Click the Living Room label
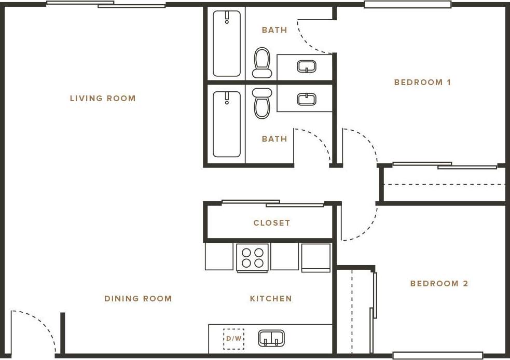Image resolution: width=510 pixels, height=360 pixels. pyautogui.click(x=103, y=98)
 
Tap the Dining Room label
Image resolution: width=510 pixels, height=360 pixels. pyautogui.click(x=138, y=298)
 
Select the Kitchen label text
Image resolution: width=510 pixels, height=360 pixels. pyautogui.click(x=271, y=298)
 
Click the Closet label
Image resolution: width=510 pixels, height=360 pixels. pyautogui.click(x=271, y=223)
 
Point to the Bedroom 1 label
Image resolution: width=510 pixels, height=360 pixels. pyautogui.click(x=422, y=82)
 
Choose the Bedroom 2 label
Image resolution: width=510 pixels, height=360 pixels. pyautogui.click(x=439, y=283)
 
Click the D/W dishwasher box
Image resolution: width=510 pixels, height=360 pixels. pyautogui.click(x=233, y=339)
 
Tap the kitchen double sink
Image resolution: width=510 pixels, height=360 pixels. pyautogui.click(x=271, y=338)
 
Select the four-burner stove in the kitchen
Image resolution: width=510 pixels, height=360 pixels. pyautogui.click(x=252, y=257)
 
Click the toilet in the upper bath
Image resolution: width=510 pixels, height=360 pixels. pyautogui.click(x=262, y=62)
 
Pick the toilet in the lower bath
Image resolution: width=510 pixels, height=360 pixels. pyautogui.click(x=262, y=103)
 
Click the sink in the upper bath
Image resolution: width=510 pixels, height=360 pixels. pyautogui.click(x=306, y=66)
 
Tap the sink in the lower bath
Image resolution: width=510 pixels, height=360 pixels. pyautogui.click(x=306, y=99)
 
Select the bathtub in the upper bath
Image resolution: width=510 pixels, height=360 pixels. pyautogui.click(x=227, y=44)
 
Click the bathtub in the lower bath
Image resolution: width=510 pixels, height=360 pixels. pyautogui.click(x=227, y=124)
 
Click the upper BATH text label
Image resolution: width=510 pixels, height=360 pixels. pyautogui.click(x=274, y=30)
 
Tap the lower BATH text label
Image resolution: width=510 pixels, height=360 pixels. pyautogui.click(x=274, y=139)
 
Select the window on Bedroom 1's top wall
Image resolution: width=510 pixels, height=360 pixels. pyautogui.click(x=407, y=5)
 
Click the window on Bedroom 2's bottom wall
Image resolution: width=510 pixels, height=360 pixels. pyautogui.click(x=437, y=355)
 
